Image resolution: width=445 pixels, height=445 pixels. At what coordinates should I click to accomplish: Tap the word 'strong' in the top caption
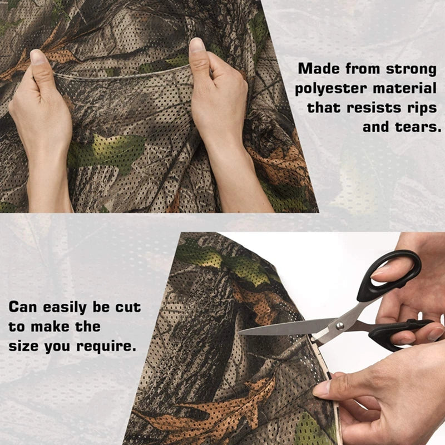(x=411, y=69)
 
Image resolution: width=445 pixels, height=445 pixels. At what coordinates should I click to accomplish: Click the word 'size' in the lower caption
(x=23, y=346)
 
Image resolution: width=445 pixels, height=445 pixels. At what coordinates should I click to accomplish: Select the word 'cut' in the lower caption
(x=128, y=308)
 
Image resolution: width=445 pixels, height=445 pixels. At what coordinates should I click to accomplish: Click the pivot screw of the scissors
(x=340, y=325)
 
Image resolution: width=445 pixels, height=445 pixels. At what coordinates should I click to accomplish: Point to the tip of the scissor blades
(x=239, y=332)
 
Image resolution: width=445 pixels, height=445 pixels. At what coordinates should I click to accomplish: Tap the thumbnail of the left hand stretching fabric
(x=36, y=57)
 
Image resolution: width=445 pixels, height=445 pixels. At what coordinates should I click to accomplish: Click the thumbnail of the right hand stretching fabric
(x=197, y=45)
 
